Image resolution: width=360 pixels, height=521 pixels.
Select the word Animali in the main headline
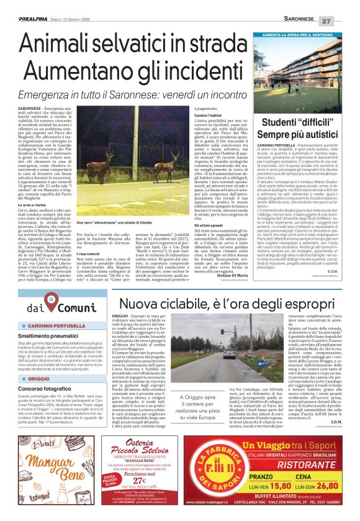pos(61,43)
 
